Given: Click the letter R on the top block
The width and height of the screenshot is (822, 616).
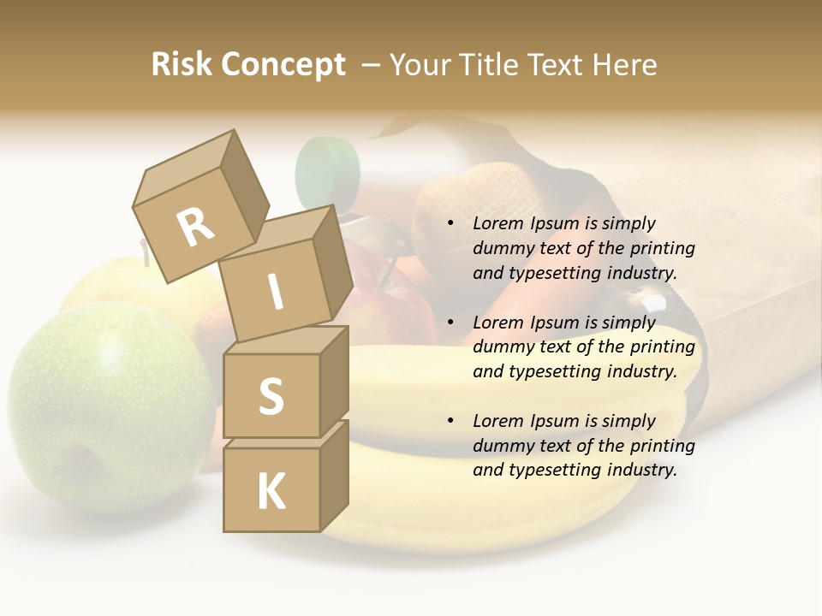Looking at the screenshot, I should (x=196, y=228).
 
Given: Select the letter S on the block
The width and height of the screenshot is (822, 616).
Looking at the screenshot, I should (x=271, y=395).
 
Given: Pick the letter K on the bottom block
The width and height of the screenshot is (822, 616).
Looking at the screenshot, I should (x=271, y=492).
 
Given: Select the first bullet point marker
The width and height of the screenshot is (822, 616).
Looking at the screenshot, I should (x=450, y=224).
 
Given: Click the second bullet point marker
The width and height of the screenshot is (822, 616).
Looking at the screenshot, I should (x=450, y=323).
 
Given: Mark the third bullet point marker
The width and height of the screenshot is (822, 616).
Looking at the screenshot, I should (x=450, y=422).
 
